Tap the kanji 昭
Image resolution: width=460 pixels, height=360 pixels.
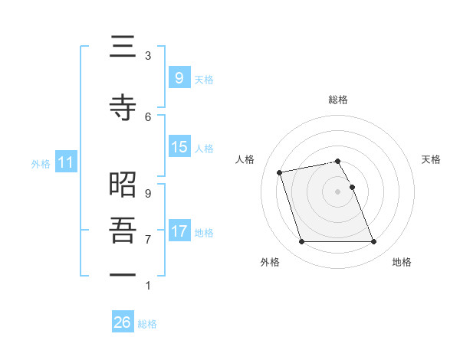pyautogui.click(x=123, y=185)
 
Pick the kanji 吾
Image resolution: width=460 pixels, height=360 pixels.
pyautogui.click(x=123, y=231)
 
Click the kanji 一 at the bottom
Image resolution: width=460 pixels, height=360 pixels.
pyautogui.click(x=123, y=274)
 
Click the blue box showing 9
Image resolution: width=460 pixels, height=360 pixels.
pyautogui.click(x=179, y=77)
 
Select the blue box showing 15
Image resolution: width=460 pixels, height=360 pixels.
pyautogui.click(x=179, y=147)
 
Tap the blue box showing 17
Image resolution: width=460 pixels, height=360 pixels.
pyautogui.click(x=179, y=231)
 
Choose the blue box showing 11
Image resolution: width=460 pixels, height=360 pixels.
pyautogui.click(x=66, y=162)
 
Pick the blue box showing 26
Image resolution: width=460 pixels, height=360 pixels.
pyautogui.click(x=123, y=322)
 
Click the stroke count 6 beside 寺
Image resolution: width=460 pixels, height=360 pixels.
pyautogui.click(x=148, y=116)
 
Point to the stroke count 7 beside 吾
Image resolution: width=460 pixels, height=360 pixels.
pyautogui.click(x=148, y=239)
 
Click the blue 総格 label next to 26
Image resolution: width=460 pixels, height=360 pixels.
pyautogui.click(x=147, y=324)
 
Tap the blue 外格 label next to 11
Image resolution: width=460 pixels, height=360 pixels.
pyautogui.click(x=40, y=163)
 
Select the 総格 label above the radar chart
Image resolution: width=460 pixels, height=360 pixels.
pyautogui.click(x=338, y=100)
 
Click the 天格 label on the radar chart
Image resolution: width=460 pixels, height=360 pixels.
pyautogui.click(x=431, y=159)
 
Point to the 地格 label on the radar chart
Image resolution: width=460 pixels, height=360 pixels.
pyautogui.click(x=402, y=262)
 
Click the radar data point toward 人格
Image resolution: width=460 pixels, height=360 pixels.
pyautogui.click(x=280, y=172)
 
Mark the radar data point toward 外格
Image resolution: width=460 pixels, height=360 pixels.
pyautogui.click(x=301, y=242)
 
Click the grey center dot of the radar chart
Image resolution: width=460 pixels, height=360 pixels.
pyautogui.click(x=338, y=191)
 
